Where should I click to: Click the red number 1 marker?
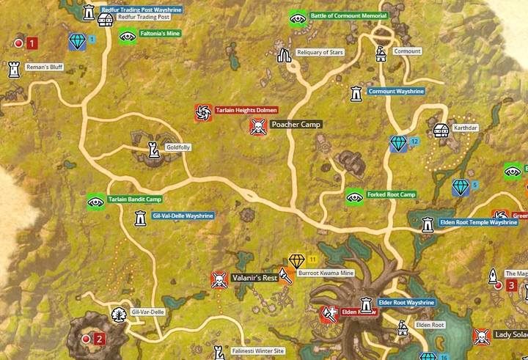tap(32, 43)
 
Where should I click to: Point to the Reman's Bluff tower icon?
tap(13, 69)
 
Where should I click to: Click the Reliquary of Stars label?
tap(319, 52)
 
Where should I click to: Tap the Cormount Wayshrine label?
tap(395, 92)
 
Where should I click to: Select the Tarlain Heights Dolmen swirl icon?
tap(203, 112)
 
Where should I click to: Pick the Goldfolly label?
tap(178, 147)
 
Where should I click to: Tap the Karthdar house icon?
tap(441, 130)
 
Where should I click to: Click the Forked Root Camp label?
tap(391, 195)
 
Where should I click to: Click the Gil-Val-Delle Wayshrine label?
tap(183, 216)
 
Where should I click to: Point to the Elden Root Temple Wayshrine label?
tap(478, 222)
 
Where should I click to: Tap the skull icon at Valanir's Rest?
tap(219, 279)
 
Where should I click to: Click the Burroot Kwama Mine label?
tap(326, 273)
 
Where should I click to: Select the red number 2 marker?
tap(100, 339)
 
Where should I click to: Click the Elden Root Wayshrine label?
tap(406, 302)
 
